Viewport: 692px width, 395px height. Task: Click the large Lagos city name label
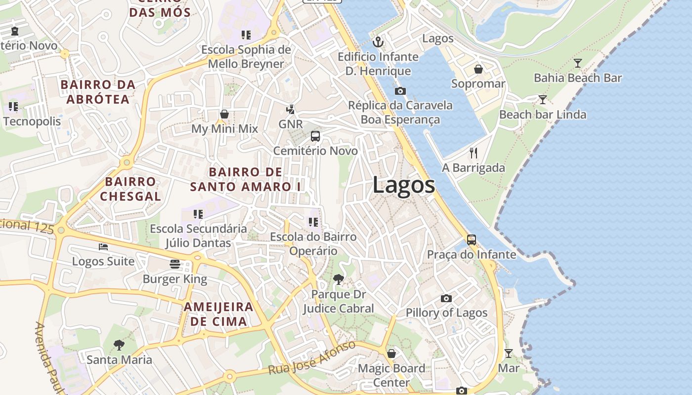[x=403, y=186]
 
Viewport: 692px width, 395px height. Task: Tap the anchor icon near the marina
[x=378, y=42]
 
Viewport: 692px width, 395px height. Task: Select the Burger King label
[x=174, y=279]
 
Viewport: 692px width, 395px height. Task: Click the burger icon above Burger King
[x=174, y=264]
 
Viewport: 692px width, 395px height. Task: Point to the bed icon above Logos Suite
[x=103, y=246]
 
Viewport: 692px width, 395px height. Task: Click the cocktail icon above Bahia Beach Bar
[x=577, y=63]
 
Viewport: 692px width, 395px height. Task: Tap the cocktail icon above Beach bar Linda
[x=542, y=100]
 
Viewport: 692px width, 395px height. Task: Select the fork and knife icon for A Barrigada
[x=473, y=153]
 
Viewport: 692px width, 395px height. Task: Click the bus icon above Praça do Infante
[x=471, y=240]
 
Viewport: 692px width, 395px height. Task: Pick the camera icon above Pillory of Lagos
[x=446, y=298]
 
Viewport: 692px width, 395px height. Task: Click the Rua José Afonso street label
[x=312, y=357]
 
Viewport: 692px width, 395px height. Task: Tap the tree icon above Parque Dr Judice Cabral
[x=338, y=279]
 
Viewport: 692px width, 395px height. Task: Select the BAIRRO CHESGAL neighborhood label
[x=130, y=189]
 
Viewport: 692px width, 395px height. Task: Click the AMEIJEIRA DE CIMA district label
[x=218, y=314]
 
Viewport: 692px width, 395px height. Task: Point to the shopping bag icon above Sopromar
[x=478, y=69]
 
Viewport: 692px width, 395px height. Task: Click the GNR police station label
[x=290, y=124]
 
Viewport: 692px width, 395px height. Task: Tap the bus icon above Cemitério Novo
[x=315, y=136]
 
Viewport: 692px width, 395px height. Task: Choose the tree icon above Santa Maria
[x=119, y=345]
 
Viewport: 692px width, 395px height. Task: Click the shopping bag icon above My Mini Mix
[x=224, y=115]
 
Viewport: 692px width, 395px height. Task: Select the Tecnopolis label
[x=32, y=121]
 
